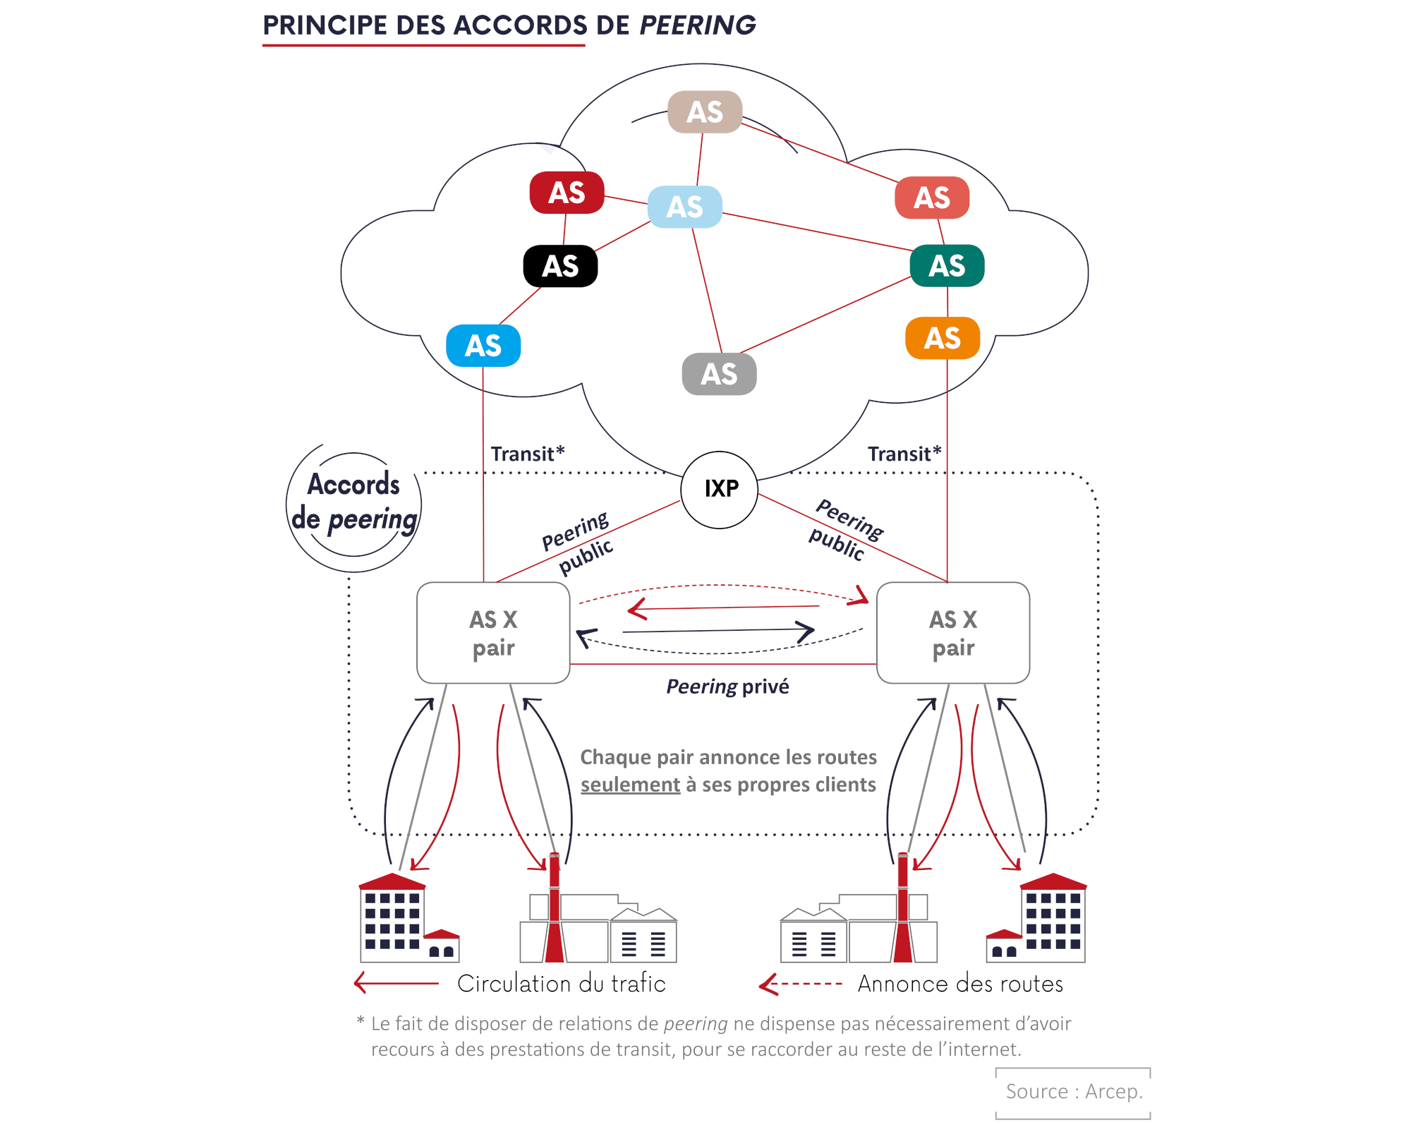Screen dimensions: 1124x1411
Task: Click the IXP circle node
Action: coord(719,490)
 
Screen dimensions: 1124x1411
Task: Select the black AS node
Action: coord(560,266)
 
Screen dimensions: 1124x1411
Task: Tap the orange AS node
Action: coord(942,338)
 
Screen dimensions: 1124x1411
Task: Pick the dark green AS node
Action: coord(946,265)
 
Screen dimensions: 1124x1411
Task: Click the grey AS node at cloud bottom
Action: coord(718,374)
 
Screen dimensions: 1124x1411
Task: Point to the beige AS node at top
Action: coord(704,111)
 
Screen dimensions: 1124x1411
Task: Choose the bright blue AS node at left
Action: coord(483,346)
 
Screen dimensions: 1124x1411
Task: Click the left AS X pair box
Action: coord(493,633)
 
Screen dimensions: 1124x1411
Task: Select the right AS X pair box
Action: coord(952,633)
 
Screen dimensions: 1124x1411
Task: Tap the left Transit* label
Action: coord(527,454)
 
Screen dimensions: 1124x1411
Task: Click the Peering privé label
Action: coord(727,687)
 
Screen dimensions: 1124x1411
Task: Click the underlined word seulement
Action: coord(630,785)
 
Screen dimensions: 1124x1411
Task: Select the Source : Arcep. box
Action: coord(1073,1092)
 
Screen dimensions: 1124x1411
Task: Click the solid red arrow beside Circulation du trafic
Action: coord(396,983)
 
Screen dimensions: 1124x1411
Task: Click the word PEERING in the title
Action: coord(697,25)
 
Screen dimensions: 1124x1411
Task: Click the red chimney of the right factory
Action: coord(902,910)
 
